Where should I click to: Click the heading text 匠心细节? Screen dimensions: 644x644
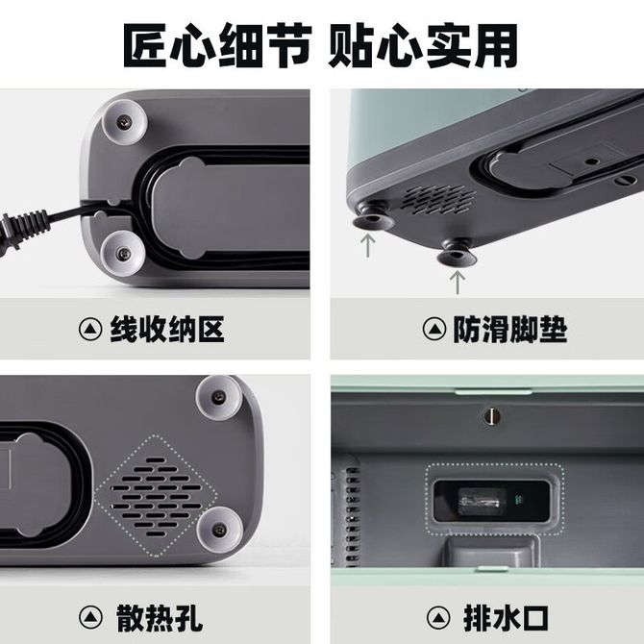[x=217, y=46]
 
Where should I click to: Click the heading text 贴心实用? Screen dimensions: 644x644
[x=423, y=46]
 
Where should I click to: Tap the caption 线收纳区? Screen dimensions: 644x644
[x=167, y=330]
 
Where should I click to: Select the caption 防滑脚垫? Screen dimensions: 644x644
[x=510, y=330]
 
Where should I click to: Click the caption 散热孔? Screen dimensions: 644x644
[x=160, y=617]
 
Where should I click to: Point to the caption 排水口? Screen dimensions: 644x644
[x=506, y=617]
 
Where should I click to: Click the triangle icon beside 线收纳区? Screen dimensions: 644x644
[x=90, y=330]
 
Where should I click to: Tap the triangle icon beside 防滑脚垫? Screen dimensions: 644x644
[x=434, y=330]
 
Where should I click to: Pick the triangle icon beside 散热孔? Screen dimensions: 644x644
[x=90, y=617]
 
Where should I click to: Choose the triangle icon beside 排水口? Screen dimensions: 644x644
[x=438, y=617]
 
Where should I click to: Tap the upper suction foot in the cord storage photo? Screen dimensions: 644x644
[x=124, y=121]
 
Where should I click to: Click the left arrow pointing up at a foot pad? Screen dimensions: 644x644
[x=367, y=245]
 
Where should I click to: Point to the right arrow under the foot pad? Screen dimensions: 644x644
[x=458, y=283]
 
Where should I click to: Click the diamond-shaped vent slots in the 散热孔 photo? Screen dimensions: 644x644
[x=156, y=496]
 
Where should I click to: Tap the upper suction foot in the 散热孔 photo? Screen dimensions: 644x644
[x=218, y=398]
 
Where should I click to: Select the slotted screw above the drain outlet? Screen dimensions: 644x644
[x=491, y=416]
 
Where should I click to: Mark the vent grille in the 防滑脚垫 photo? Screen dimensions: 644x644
[x=438, y=200]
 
